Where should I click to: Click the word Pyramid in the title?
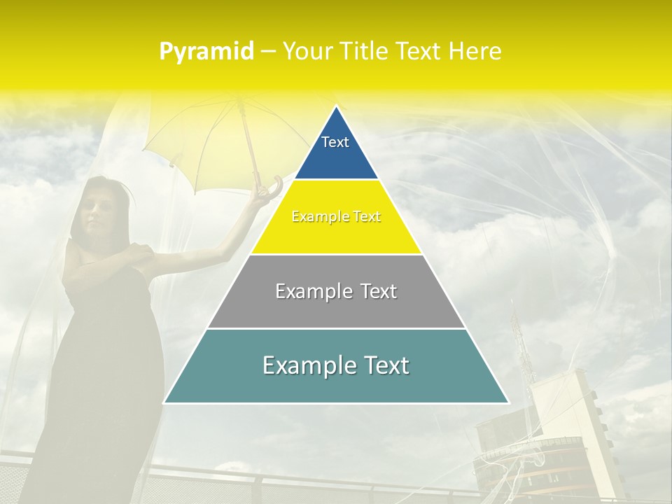(x=206, y=52)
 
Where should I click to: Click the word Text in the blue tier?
(x=335, y=142)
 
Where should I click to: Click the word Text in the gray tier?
(x=373, y=291)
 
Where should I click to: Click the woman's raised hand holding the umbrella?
(x=260, y=197)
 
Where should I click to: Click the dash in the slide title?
(x=268, y=52)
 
